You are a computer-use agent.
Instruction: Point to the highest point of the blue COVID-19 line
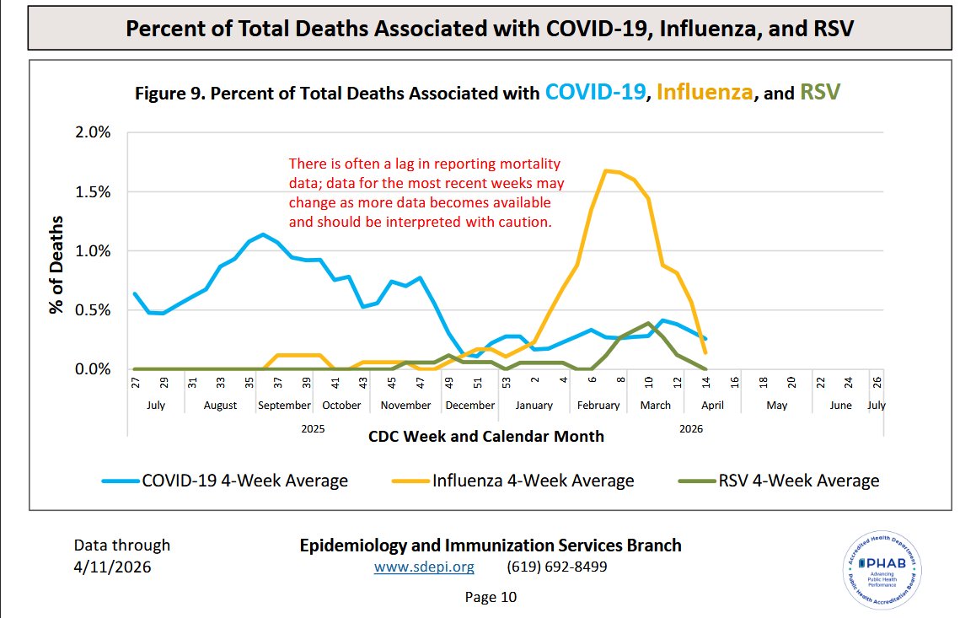[263, 234]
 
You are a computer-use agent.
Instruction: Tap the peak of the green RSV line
[649, 323]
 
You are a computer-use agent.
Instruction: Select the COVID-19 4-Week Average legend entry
[225, 481]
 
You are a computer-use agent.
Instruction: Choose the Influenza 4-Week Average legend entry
[513, 481]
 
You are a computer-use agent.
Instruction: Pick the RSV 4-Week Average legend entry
[779, 481]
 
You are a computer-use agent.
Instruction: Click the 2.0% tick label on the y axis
[93, 132]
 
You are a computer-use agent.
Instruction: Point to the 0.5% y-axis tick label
[93, 310]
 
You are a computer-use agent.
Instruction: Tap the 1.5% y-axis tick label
[93, 191]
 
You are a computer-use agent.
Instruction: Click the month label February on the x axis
[598, 406]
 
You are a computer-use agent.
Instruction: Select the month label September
[285, 406]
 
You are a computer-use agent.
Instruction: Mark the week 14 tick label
[705, 382]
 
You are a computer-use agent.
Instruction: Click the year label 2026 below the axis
[691, 429]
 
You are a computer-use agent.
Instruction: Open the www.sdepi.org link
[424, 567]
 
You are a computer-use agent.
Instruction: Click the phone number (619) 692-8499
[557, 567]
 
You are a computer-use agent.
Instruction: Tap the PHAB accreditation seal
[882, 570]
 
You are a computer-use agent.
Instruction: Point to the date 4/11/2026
[112, 567]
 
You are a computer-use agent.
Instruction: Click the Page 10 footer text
[491, 598]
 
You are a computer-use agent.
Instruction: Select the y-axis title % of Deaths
[56, 265]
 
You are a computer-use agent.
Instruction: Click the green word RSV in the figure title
[820, 93]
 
